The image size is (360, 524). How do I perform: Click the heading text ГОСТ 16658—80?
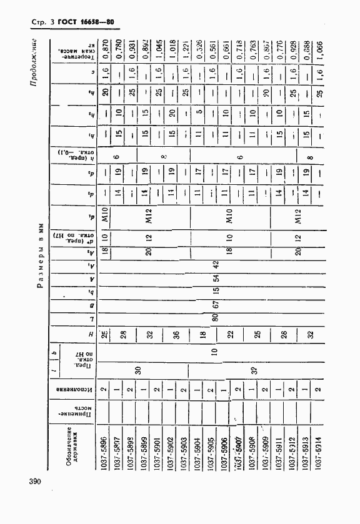[86, 24]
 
